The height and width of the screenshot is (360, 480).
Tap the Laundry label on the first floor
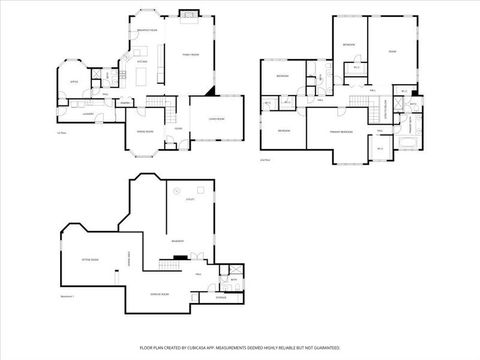click(x=88, y=114)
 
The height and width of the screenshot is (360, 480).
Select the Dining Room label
click(x=144, y=131)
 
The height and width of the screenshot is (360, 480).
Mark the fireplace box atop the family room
click(x=186, y=14)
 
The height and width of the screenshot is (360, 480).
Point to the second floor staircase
click(x=356, y=103)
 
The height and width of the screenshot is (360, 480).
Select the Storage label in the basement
click(x=220, y=297)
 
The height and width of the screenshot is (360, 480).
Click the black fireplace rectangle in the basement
click(x=178, y=257)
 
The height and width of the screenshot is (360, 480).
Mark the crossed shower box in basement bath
click(x=236, y=271)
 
